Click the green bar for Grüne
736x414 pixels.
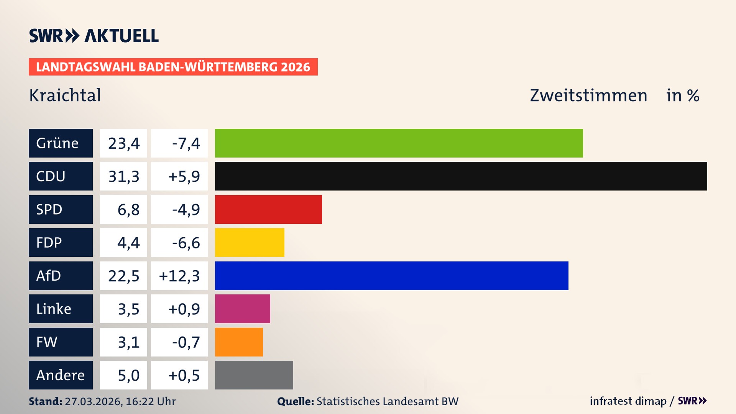[399, 143]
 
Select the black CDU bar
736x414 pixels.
[461, 176]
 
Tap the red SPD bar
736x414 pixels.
[268, 209]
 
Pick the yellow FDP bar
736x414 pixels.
[250, 242]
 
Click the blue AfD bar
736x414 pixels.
[391, 276]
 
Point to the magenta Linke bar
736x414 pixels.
[242, 309]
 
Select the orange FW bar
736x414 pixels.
[239, 342]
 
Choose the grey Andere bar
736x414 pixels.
[254, 375]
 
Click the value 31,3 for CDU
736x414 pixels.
[123, 176]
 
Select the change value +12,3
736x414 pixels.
[179, 276]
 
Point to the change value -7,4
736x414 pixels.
[186, 143]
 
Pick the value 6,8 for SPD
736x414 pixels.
[128, 210]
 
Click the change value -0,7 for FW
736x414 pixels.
[186, 342]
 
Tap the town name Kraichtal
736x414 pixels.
[65, 95]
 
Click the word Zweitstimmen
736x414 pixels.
[588, 95]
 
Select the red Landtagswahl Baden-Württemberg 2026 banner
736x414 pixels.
[173, 67]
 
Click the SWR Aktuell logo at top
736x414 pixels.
[94, 36]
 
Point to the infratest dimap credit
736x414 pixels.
[628, 401]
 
